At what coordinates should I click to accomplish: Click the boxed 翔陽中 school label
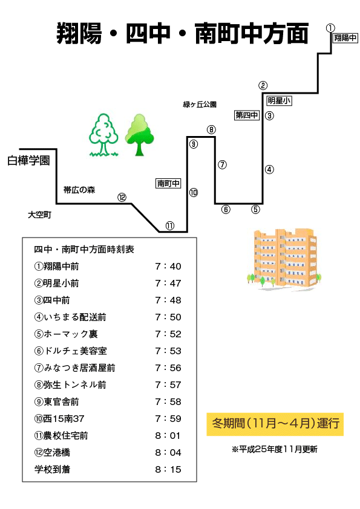click(345, 38)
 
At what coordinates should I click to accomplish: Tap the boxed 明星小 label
click(279, 100)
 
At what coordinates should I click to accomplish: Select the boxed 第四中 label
click(247, 115)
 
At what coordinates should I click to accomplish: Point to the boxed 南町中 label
click(168, 183)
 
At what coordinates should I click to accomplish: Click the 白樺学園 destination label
click(28, 160)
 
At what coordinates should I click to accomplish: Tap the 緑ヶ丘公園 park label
click(200, 105)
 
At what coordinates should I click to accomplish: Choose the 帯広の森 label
click(79, 190)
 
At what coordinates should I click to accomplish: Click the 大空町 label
click(40, 215)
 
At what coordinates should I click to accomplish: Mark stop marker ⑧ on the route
click(211, 130)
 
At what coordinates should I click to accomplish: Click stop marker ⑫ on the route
click(122, 197)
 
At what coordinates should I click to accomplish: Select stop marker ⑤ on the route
click(256, 209)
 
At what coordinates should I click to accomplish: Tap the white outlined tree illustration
click(103, 135)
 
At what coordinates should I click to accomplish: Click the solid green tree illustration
click(140, 135)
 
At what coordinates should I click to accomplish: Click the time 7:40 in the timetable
click(168, 267)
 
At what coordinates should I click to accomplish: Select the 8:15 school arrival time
click(168, 469)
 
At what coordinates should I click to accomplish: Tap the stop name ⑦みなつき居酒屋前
click(75, 368)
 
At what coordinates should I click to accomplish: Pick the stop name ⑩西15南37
click(59, 419)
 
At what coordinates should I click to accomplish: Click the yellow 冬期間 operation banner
click(275, 424)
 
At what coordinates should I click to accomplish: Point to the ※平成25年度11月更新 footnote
click(275, 449)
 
